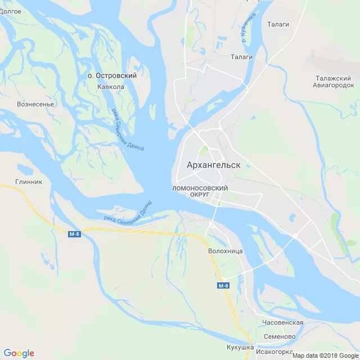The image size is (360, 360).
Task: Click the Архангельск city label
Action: point(213,165)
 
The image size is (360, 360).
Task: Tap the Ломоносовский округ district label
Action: point(200,191)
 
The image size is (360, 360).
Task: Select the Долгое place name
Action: point(11,11)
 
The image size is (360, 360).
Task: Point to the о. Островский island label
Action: point(112,75)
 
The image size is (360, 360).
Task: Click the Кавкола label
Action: point(110,87)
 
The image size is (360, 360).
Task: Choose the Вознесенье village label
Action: point(35,104)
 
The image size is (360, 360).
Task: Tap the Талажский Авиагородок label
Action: point(334,82)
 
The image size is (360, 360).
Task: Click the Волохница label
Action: point(225,251)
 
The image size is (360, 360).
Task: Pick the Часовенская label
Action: point(282,322)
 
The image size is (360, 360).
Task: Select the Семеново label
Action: point(278,336)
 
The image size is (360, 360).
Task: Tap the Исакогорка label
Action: point(274,352)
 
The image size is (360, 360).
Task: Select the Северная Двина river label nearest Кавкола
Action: point(127,130)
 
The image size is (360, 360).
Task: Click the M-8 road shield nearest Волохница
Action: point(223,286)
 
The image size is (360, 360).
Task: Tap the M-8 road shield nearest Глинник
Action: point(74,234)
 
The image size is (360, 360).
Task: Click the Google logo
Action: point(19,353)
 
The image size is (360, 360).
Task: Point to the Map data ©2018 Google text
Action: point(321,355)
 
